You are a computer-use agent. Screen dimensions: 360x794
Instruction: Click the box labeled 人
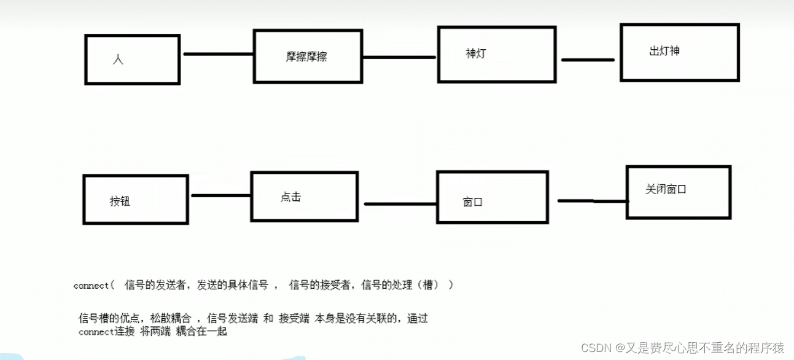pos(132,59)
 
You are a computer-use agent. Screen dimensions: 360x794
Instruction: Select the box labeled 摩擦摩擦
pos(307,56)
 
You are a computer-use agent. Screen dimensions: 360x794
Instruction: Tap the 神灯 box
pos(496,54)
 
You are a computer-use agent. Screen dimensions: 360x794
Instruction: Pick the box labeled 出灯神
pos(679,52)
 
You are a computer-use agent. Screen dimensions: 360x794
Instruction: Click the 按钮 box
pos(135,199)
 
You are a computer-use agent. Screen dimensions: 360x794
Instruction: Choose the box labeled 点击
pos(304,197)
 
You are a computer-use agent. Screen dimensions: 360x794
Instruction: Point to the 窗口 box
pos(491,198)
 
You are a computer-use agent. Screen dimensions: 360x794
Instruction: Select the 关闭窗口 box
pos(678,192)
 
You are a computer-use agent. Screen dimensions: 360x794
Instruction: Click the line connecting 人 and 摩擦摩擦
pos(218,54)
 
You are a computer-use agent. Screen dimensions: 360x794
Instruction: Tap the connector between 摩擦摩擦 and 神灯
pos(399,58)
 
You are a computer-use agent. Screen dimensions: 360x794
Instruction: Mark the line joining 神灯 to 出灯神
pos(588,60)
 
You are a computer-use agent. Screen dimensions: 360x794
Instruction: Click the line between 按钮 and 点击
pos(220,196)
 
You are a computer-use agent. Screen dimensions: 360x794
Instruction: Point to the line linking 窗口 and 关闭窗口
pos(592,200)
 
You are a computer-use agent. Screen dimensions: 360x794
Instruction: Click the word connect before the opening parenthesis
pos(90,285)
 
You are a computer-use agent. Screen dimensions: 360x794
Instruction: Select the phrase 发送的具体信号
pos(233,284)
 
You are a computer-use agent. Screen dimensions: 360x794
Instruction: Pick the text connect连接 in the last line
pos(106,332)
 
